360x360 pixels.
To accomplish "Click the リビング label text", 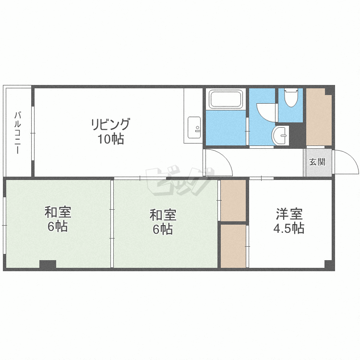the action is click(111, 124).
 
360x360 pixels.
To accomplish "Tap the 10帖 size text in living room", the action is click(111, 139).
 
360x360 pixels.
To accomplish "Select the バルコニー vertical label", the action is click(18, 132).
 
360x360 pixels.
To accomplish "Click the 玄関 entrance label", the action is click(317, 162).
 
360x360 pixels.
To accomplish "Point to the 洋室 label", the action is click(289, 214).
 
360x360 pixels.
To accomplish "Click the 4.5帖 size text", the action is click(289, 228).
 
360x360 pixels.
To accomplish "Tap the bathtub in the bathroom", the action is click(226, 99).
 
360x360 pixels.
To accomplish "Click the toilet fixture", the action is click(291, 97).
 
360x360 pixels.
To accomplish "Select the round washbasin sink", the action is click(280, 135).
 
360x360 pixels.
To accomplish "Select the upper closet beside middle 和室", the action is click(233, 201).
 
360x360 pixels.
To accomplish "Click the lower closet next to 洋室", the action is click(233, 246).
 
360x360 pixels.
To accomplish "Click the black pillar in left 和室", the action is click(48, 264).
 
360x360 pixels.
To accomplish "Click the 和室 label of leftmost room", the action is click(58, 212).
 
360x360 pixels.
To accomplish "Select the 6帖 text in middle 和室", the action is click(163, 229).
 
